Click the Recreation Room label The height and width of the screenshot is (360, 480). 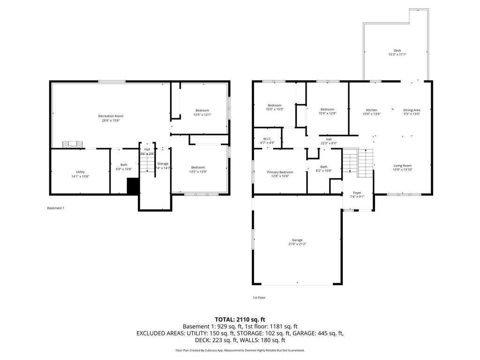click(111, 116)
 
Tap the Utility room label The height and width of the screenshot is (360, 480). click(80, 172)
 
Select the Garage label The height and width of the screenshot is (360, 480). click(297, 240)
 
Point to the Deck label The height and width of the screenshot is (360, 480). click(397, 51)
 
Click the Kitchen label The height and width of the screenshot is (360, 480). click(371, 110)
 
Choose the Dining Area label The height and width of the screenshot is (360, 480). click(412, 110)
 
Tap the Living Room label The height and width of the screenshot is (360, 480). click(402, 165)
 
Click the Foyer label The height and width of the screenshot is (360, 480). click(357, 192)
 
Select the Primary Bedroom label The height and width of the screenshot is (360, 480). click(280, 172)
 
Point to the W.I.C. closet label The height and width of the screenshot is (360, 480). click(267, 138)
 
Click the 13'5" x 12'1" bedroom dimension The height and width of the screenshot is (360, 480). click(202, 115)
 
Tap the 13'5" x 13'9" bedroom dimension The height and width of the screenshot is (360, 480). click(198, 172)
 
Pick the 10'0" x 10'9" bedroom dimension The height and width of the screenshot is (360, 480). click(275, 110)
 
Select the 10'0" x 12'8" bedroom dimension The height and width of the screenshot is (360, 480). click(327, 113)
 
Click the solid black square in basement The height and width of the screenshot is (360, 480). click(133, 186)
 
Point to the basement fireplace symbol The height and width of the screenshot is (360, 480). click(73, 145)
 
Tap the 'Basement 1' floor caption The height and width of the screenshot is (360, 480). click(56, 208)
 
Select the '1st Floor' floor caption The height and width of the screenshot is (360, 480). click(259, 297)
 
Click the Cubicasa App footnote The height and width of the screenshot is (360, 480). click(240, 350)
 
